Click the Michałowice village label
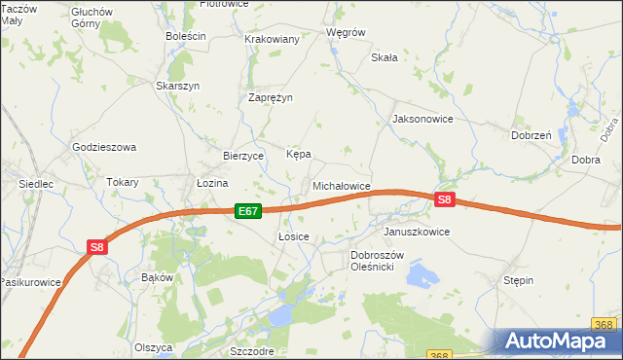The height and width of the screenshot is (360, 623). (341, 185)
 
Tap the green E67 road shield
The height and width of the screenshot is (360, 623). (248, 210)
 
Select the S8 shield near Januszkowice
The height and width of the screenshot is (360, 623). (444, 199)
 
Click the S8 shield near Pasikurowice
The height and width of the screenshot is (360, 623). (96, 247)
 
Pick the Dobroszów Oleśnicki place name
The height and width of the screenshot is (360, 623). (385, 261)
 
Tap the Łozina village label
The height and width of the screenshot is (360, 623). (211, 183)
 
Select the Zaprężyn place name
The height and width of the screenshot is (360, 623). (271, 98)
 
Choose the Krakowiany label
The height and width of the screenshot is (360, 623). (272, 39)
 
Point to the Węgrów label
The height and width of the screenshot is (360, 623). (346, 32)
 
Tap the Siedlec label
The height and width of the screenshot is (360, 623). (35, 183)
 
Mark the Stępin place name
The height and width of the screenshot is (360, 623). (518, 280)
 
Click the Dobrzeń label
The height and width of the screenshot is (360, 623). (531, 136)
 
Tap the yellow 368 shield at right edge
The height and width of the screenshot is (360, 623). (603, 323)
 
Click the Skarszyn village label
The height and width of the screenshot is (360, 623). (178, 86)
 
